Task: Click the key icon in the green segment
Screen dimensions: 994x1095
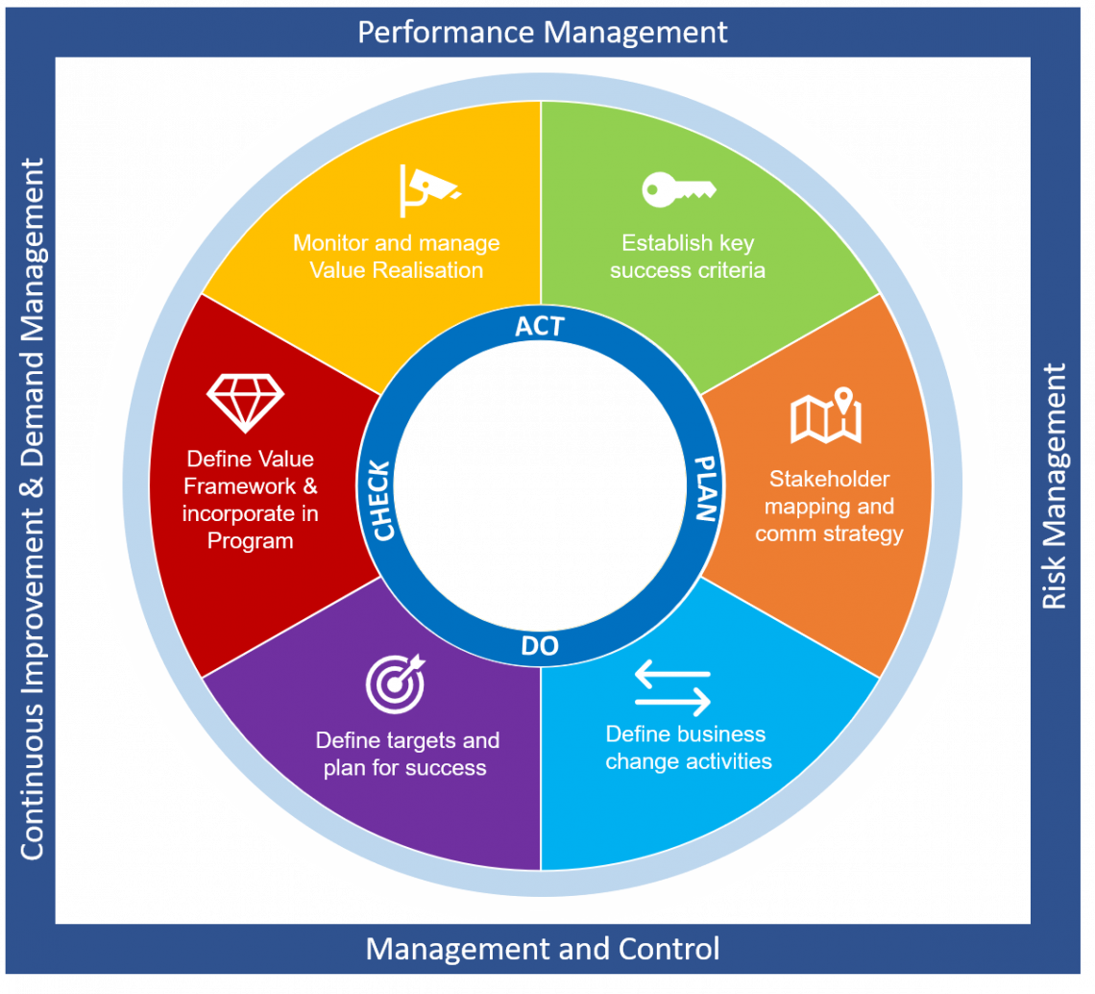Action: click(x=678, y=188)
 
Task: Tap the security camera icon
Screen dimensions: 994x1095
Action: click(x=426, y=190)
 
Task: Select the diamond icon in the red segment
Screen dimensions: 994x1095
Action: click(x=246, y=403)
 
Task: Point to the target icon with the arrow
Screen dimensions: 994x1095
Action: click(x=394, y=682)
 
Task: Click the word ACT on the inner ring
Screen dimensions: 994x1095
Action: click(x=540, y=326)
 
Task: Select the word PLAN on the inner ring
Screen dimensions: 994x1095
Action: click(x=705, y=487)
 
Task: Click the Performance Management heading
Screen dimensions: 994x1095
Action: click(x=543, y=32)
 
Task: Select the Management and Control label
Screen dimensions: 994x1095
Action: click(x=543, y=950)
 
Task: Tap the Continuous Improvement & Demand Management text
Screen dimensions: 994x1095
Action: click(x=32, y=509)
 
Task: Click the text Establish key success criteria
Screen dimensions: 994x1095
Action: click(x=688, y=257)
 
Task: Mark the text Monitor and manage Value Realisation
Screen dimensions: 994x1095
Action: click(x=396, y=257)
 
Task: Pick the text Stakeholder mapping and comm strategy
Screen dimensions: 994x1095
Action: click(x=829, y=506)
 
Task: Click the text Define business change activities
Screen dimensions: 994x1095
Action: click(x=687, y=748)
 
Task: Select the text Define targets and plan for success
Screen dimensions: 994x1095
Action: click(x=406, y=755)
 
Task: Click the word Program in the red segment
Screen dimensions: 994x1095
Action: click(x=250, y=541)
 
